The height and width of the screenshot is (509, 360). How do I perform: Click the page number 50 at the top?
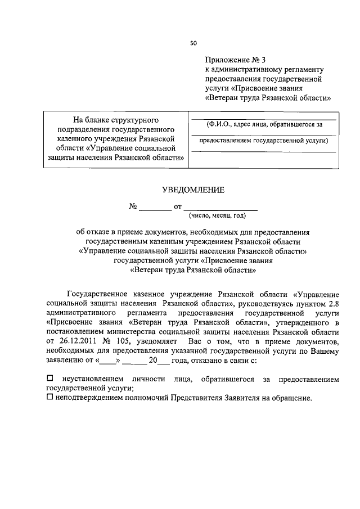(193, 43)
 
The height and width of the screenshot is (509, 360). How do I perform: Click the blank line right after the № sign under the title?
(155, 208)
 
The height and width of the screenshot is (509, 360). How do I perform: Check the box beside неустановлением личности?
(50, 380)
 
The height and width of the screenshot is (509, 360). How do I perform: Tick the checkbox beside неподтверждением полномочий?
(50, 398)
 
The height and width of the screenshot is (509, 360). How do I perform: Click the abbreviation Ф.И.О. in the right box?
(220, 124)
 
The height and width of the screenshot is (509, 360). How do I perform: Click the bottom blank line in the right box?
(264, 152)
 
